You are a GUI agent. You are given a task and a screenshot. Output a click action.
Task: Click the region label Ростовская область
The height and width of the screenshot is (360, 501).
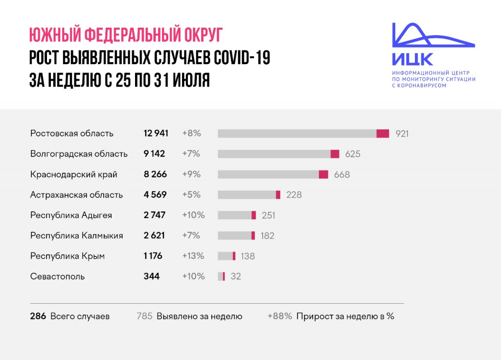coord(72,134)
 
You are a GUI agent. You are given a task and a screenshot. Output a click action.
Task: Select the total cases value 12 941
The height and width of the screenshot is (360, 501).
coord(156,134)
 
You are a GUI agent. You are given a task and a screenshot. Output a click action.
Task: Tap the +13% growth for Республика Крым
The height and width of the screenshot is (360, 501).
coord(193,256)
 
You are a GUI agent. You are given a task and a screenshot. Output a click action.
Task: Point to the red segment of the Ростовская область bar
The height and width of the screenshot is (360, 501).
coord(383,134)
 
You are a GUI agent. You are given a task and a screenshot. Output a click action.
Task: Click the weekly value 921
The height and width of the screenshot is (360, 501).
coord(402,134)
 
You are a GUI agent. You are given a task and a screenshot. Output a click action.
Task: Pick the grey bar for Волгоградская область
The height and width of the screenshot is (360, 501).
coord(274,154)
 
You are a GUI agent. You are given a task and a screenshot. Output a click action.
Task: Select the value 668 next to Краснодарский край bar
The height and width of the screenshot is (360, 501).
coord(342,175)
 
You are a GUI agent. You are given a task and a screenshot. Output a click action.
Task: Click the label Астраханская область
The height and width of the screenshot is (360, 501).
coord(76,195)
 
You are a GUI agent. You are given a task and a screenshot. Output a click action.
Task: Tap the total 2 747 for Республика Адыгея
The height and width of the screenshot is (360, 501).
coord(154,215)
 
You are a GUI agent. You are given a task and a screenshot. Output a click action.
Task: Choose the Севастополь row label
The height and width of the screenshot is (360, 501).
coord(57,276)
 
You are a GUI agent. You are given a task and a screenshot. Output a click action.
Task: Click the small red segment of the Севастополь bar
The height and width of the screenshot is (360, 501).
coord(224,276)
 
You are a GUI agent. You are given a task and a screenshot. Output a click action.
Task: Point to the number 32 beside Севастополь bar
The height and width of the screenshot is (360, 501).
coord(236,276)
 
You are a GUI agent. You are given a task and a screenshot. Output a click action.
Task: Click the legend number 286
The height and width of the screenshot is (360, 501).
coord(38,316)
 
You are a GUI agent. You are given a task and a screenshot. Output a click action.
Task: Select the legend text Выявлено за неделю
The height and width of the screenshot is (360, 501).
coord(199,316)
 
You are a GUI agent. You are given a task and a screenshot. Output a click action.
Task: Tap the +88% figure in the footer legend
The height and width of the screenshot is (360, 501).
coord(279,316)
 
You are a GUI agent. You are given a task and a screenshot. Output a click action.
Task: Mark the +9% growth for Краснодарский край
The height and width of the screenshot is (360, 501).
coord(191,175)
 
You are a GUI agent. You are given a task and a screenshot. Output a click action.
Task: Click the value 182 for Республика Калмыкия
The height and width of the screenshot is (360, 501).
coord(268,236)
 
